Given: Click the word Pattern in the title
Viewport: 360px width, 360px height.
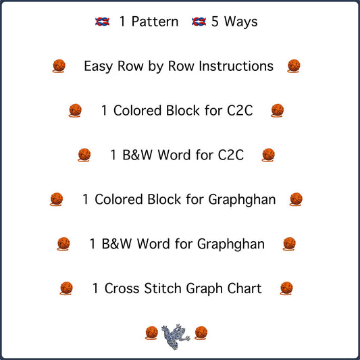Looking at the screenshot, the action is pos(155,22).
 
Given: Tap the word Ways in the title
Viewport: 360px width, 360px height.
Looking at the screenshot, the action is pos(241,22).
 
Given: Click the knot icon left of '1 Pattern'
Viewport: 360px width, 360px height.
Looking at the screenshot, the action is pos(103,22).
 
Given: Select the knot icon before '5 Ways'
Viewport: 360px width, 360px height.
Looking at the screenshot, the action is pos(199,22).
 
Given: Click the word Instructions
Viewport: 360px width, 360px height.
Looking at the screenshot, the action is pos(236,66).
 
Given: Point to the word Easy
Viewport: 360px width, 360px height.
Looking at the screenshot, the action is pos(98,67).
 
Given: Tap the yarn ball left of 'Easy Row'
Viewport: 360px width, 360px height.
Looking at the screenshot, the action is pos(59,66).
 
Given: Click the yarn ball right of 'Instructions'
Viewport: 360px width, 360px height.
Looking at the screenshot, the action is pos(294,66).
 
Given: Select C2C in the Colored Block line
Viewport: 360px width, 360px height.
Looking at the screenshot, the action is pos(240,111).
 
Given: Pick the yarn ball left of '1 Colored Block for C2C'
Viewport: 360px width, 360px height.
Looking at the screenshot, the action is pos(75,111).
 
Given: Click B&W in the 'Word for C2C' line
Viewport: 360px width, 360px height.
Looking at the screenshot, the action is pos(137,155).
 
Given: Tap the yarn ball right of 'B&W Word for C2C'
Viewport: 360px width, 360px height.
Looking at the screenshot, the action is pos(268,155).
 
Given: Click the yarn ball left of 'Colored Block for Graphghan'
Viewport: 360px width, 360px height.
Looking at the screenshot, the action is pos(57,199).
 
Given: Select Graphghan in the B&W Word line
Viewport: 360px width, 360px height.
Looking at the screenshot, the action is pos(231,245).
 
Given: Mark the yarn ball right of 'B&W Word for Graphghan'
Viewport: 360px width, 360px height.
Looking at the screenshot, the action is pos(289,244).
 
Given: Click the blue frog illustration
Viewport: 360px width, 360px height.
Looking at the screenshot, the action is pos(176,336).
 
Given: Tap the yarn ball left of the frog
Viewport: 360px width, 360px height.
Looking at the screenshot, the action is pos(151,333).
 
